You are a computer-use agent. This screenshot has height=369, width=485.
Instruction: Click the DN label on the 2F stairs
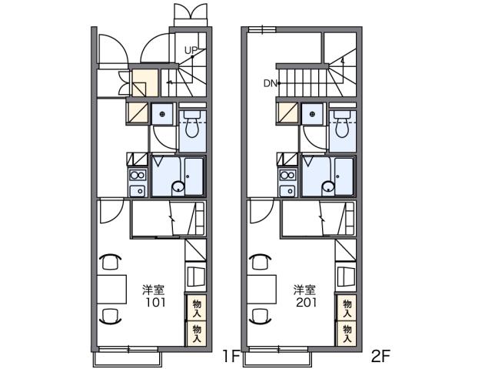[269, 82]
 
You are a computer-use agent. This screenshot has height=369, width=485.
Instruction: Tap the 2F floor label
[381, 356]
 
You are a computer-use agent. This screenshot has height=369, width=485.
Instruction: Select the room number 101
[154, 302]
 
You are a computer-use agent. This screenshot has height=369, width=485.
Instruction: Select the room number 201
[304, 302]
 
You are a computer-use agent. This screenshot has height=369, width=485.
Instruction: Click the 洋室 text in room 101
[153, 290]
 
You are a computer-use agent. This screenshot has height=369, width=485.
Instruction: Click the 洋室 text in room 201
[304, 290]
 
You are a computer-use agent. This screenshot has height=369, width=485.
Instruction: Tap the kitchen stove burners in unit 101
[138, 182]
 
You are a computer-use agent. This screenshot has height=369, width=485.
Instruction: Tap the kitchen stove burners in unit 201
[288, 182]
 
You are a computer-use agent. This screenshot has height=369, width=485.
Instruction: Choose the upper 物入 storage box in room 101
[197, 308]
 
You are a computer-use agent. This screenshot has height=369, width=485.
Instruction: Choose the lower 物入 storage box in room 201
[347, 332]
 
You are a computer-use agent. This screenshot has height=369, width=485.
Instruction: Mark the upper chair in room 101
[111, 261]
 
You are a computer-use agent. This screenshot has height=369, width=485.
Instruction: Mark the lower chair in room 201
[261, 314]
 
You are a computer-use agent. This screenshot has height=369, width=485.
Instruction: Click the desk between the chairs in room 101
[111, 288]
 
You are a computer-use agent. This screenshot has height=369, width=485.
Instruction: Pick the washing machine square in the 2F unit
[312, 114]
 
